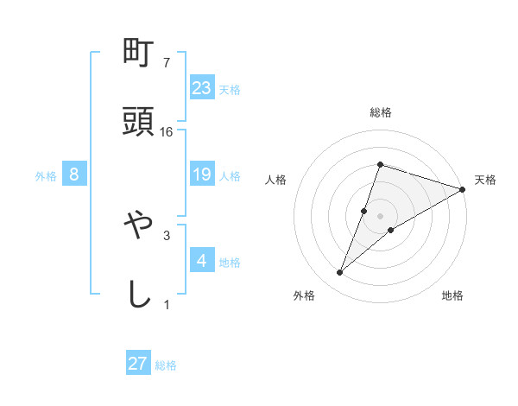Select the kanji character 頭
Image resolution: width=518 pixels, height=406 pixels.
pos(138,123)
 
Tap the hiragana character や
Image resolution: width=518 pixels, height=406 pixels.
pos(138,226)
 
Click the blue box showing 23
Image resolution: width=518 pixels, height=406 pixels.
pos(202,88)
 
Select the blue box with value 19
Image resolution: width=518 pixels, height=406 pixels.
pos(202,175)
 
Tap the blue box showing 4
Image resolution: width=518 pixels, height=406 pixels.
pos(202,260)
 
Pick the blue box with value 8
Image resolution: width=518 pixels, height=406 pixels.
pos(74,175)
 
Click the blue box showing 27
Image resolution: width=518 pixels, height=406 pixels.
pos(138,364)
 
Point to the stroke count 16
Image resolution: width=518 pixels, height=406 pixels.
pos(167,131)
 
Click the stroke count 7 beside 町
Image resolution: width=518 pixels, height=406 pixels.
pos(167,63)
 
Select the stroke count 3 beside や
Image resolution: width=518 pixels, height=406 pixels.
pos(167,234)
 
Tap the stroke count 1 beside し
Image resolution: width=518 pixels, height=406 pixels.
pos(167,303)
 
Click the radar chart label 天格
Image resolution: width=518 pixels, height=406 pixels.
pos(485,180)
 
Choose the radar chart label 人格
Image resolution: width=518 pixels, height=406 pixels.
pos(276,180)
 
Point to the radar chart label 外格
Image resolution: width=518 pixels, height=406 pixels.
pos(304,295)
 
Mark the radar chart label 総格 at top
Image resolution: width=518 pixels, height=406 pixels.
pos(380,112)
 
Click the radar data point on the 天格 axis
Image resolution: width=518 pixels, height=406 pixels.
pos(463,189)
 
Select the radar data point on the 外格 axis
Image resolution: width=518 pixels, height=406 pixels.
pos(340,273)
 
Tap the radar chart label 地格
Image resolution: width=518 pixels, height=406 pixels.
pos(452,295)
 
